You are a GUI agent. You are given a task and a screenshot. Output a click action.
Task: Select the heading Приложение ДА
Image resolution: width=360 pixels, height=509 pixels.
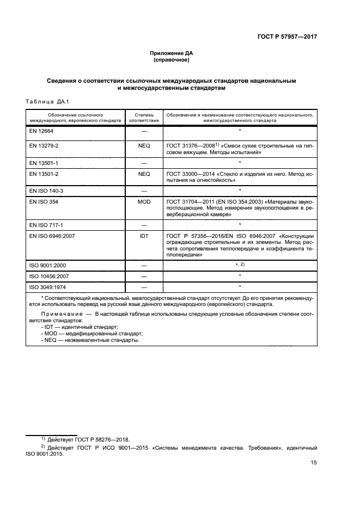tap(172, 53)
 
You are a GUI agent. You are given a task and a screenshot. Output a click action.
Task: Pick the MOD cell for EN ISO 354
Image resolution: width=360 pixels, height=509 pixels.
tap(144, 201)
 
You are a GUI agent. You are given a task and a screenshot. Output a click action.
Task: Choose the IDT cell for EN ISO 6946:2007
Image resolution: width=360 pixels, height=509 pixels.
tap(144, 235)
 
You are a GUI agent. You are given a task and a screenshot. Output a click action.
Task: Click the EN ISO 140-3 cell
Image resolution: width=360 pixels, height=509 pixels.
tap(46, 191)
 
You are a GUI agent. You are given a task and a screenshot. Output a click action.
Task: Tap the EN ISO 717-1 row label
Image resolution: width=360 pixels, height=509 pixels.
tap(46, 225)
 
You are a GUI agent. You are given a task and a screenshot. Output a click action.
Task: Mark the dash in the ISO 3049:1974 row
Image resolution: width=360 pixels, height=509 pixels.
tap(144, 287)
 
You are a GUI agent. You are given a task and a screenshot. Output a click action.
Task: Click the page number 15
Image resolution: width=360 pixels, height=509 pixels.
tap(314, 463)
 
